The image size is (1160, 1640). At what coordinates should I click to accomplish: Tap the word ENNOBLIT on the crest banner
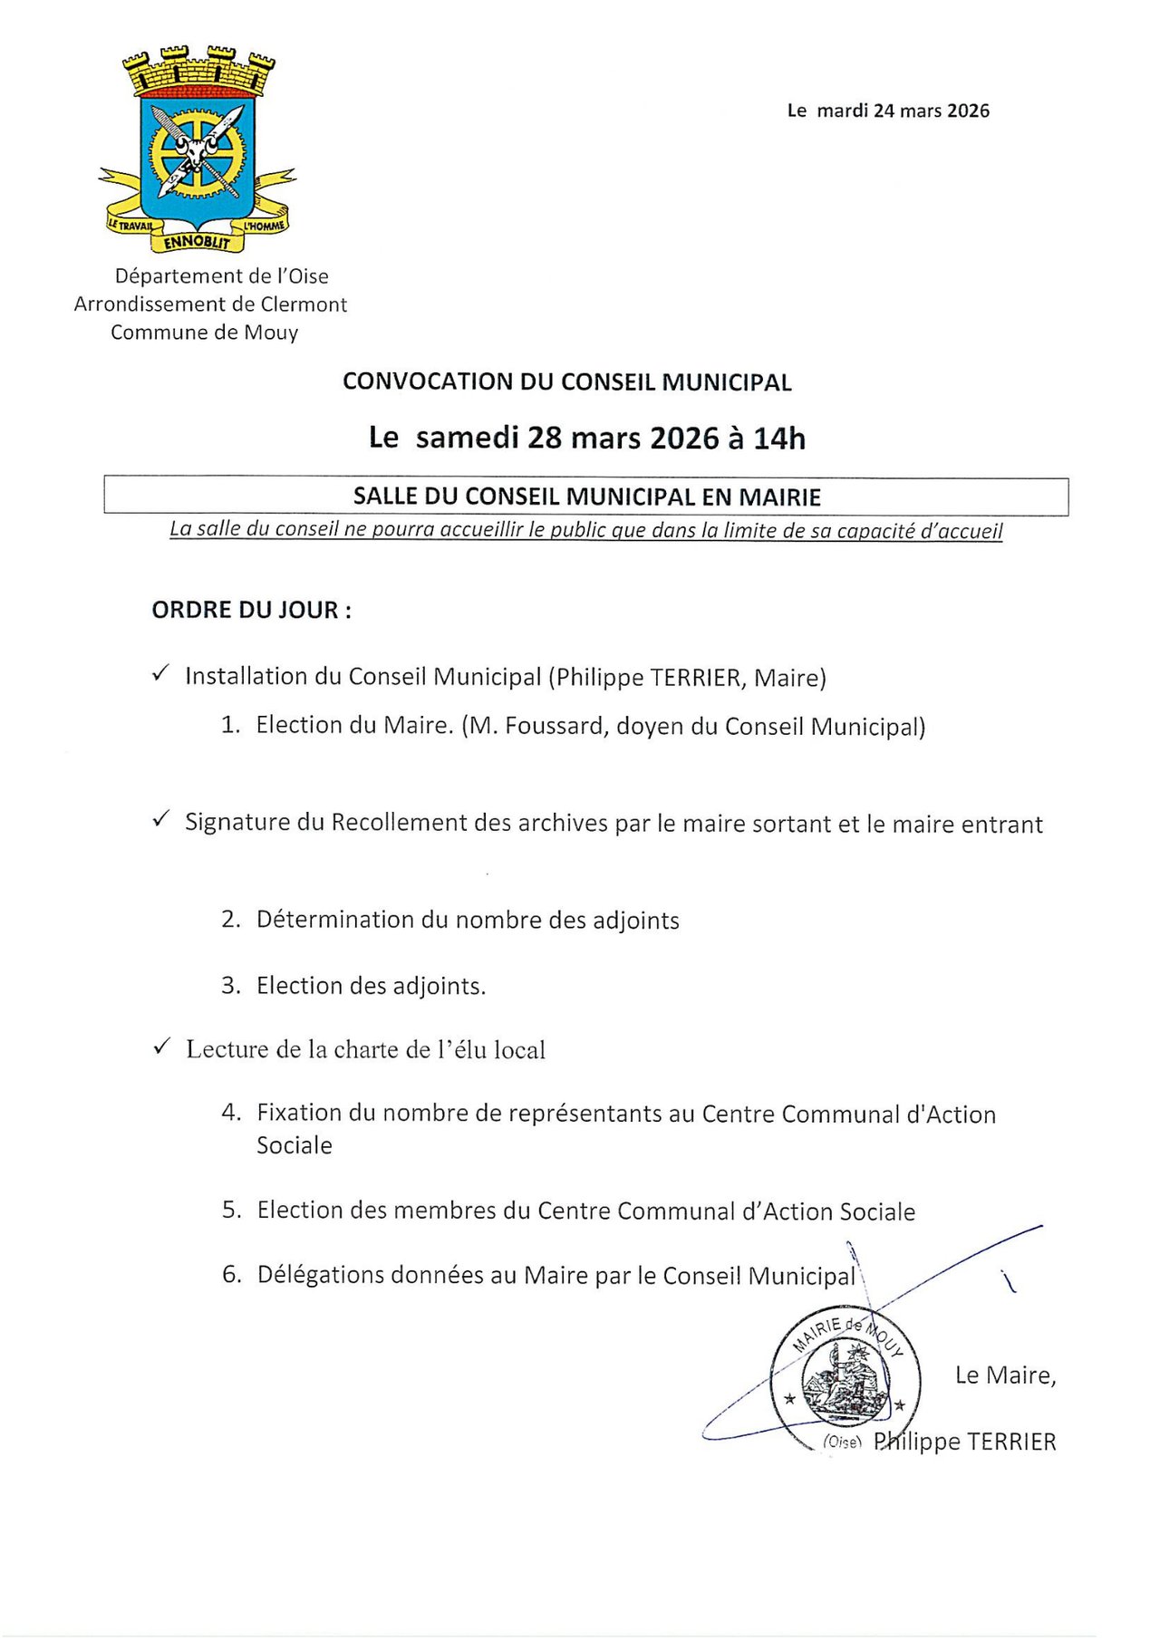pos(198,241)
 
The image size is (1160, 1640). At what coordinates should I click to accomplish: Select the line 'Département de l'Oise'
pos(221,275)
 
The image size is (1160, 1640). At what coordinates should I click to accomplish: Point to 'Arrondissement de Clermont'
pos(210,304)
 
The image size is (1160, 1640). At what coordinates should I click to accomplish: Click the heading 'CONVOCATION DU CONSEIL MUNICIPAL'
pos(566,381)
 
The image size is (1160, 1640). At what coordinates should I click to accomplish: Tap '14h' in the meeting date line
pos(779,439)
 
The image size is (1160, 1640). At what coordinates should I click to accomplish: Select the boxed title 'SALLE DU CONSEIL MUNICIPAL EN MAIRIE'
pos(586,497)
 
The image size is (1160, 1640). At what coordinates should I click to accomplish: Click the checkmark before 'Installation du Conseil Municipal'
pos(161,673)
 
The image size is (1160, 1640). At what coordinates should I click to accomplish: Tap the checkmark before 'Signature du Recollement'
pos(161,819)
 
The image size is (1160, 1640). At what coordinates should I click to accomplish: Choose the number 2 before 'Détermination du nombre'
pos(229,920)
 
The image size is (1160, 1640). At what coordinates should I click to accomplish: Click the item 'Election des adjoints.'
pos(371,986)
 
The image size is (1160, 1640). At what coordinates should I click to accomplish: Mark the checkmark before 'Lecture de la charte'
pos(161,1047)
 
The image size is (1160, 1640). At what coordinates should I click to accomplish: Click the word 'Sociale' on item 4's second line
pos(294,1145)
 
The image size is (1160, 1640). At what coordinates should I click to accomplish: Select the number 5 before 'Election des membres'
pos(230,1211)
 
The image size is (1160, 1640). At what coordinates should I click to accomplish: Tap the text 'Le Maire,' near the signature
pos(1005,1375)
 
